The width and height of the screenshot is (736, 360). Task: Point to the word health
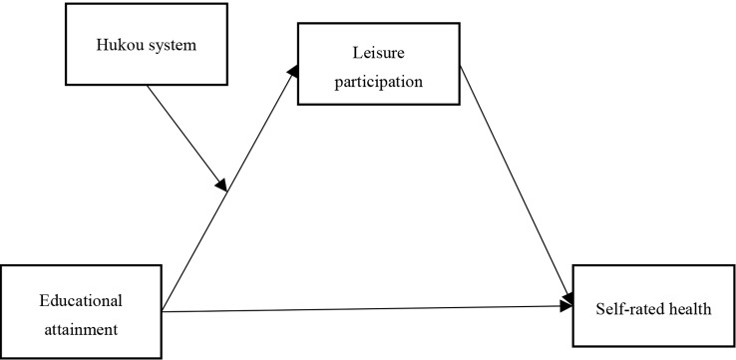[x=690, y=308]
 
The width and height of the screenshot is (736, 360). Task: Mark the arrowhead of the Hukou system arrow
[x=221, y=184]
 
